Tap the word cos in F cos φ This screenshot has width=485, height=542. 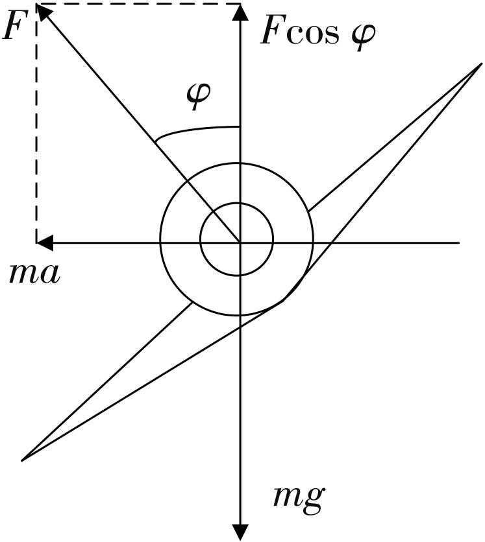tap(312, 35)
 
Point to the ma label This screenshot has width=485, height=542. tap(34, 274)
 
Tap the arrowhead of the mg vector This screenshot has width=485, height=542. tap(240, 532)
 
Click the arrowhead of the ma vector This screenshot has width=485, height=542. tap(44, 242)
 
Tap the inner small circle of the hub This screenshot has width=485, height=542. tap(237, 203)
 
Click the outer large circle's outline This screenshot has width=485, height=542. tap(237, 163)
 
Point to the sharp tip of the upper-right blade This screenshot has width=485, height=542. tap(482, 64)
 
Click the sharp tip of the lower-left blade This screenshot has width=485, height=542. tap(22, 460)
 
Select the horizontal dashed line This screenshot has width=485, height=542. tap(138, 4)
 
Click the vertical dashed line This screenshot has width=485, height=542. tap(36, 123)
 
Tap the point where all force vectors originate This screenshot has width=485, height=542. tap(240, 242)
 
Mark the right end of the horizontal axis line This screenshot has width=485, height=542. tap(459, 242)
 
